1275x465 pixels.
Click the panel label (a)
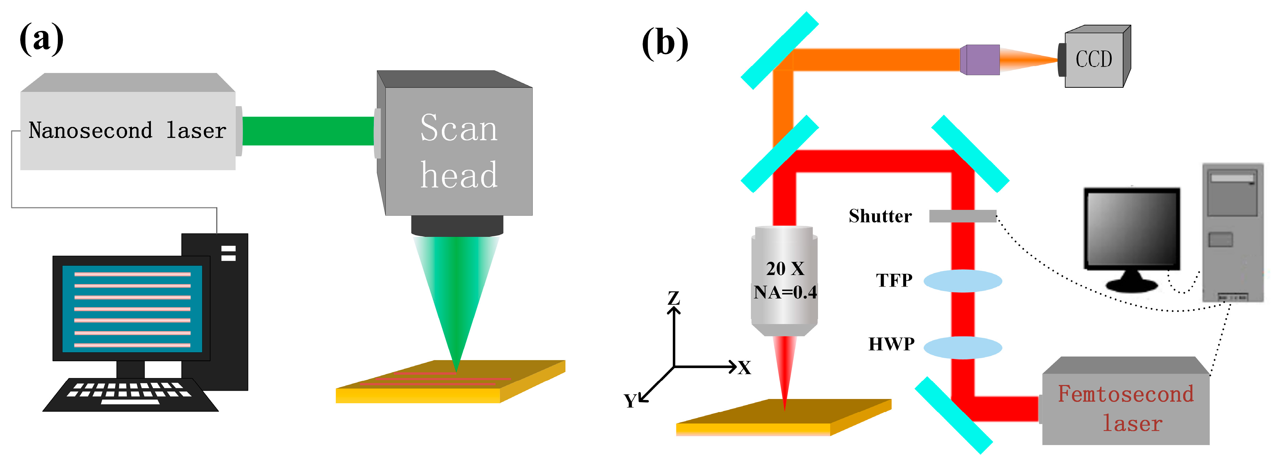click(x=42, y=39)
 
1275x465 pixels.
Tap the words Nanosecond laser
click(x=127, y=131)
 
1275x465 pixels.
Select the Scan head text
click(x=459, y=151)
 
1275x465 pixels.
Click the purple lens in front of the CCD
click(x=980, y=59)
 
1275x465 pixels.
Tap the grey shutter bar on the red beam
click(x=962, y=216)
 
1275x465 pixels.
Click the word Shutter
click(x=880, y=216)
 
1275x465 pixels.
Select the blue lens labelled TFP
click(x=963, y=281)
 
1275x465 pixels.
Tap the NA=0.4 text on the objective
click(x=785, y=292)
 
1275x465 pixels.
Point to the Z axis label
click(x=674, y=298)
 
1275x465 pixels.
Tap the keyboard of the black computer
click(x=130, y=395)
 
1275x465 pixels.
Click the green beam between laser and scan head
click(x=308, y=131)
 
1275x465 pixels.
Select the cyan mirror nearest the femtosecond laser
click(x=953, y=415)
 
